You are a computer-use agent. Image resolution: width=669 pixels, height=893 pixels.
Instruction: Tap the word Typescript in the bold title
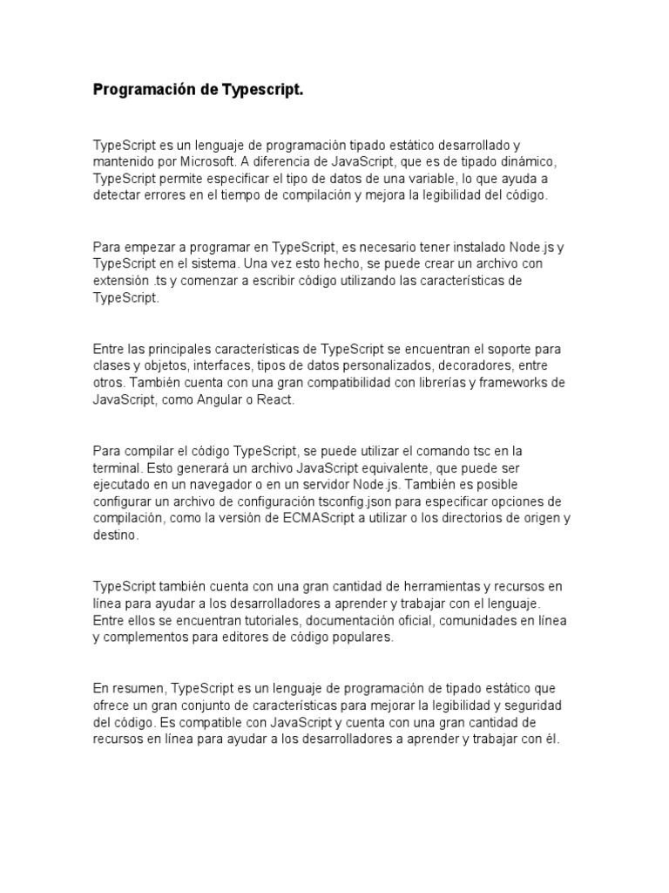263,90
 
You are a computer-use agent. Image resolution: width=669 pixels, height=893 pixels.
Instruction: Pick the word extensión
121,281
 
